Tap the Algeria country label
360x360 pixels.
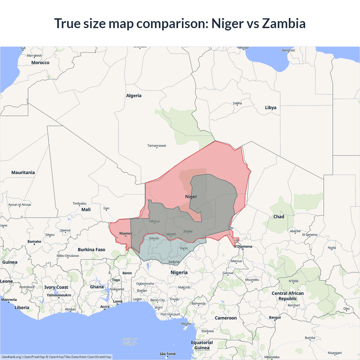[x=134, y=96]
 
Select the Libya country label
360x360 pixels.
[x=271, y=107]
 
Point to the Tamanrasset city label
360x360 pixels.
[x=157, y=146]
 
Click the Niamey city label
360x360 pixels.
[x=125, y=233]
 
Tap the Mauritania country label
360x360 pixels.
[x=23, y=172]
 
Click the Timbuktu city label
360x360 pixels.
[x=79, y=203]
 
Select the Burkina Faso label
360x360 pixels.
[x=91, y=249]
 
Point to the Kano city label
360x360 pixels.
[x=184, y=248]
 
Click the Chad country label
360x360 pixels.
[x=279, y=217]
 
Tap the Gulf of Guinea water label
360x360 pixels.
[x=129, y=341]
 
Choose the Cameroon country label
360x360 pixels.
[x=226, y=318]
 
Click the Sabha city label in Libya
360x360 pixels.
[x=237, y=103]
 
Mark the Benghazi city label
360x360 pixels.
[x=288, y=50]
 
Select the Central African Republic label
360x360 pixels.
[x=287, y=296]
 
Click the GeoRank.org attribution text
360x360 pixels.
[x=11, y=357]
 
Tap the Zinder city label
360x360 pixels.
[x=188, y=231]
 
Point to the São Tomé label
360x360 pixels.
[x=167, y=354]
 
